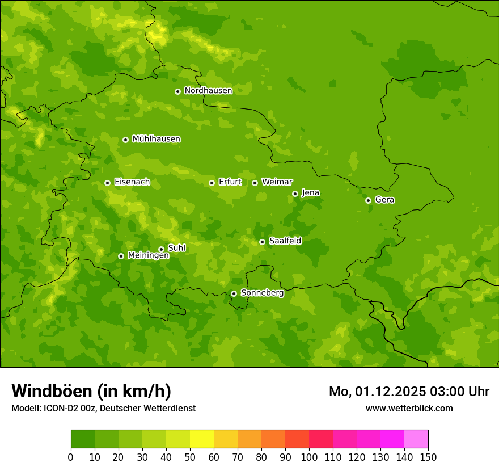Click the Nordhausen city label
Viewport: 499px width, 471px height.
coord(208,91)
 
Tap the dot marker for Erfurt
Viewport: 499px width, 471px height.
coord(212,183)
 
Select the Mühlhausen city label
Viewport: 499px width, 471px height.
coord(156,139)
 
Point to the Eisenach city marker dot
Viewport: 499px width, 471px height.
coord(107,183)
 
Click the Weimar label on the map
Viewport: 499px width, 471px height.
coord(277,182)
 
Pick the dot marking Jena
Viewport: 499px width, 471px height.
coord(295,194)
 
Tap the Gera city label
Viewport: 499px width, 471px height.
coord(384,200)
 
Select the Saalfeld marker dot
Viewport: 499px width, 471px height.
coord(262,242)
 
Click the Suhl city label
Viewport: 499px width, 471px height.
coord(176,248)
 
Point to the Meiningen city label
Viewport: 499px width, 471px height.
coord(148,256)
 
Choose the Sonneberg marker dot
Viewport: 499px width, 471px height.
coord(234,293)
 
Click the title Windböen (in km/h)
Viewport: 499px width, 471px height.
coord(91,391)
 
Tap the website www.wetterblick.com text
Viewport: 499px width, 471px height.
coord(409,409)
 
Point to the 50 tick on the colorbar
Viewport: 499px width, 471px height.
coord(190,457)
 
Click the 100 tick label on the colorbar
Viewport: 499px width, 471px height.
coord(309,457)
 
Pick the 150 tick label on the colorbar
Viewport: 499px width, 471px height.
coord(428,457)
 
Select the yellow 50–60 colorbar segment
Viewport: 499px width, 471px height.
coord(202,439)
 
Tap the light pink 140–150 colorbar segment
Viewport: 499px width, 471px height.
coord(416,439)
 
